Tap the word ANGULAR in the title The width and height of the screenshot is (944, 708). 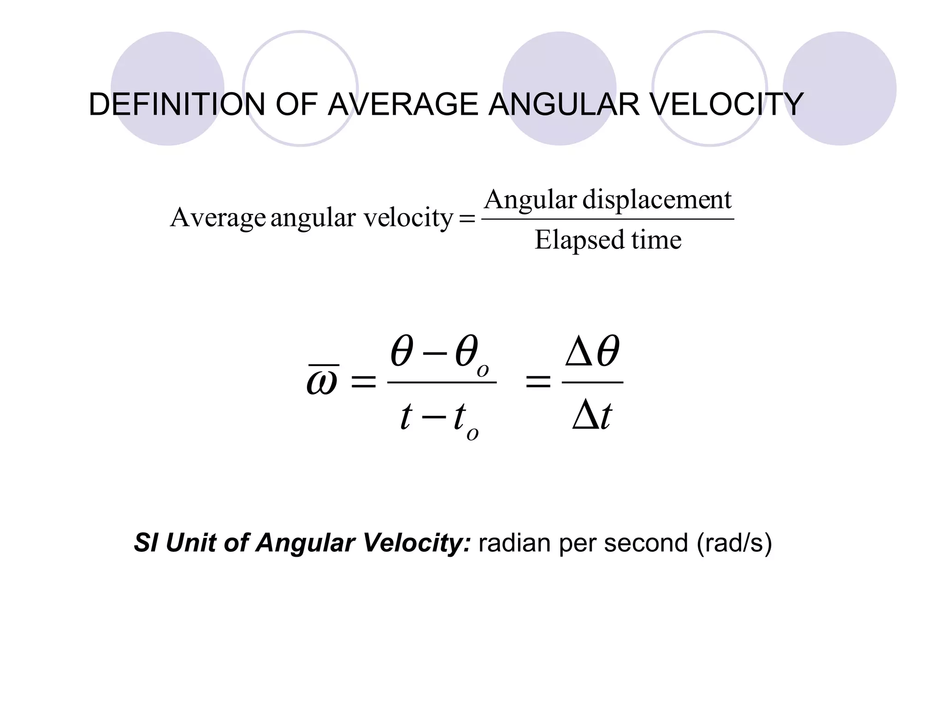coord(564,105)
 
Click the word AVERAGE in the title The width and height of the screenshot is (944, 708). coord(403,105)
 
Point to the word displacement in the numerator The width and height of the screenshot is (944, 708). coord(657,201)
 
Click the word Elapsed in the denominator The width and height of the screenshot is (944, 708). coord(579,240)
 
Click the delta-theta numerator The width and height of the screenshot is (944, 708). coord(593,352)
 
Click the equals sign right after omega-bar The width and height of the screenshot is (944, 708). coord(364,382)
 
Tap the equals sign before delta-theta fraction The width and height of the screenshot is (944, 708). coord(538,382)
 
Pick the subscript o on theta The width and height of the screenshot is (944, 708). coord(483,371)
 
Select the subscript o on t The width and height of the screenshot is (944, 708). coord(472,434)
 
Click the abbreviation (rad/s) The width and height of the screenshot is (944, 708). coord(734,543)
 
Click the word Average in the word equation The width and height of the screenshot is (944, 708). coord(218,218)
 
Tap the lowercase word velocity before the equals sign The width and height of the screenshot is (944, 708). coord(408,218)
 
